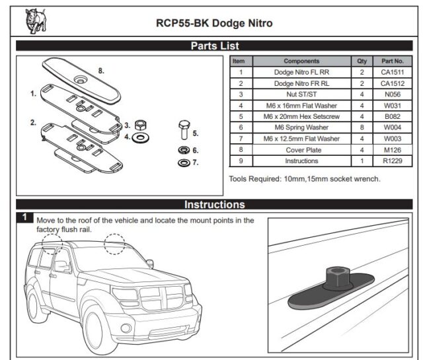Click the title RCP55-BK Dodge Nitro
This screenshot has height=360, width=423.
click(214, 23)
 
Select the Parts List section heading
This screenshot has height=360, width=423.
click(215, 46)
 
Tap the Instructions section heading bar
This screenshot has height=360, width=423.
click(215, 204)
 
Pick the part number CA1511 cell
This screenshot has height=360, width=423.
click(393, 73)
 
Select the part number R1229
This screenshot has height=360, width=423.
click(393, 161)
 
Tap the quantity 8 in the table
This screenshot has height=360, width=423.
click(362, 127)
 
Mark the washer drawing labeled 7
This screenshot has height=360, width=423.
click(184, 162)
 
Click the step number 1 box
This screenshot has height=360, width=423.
click(24, 217)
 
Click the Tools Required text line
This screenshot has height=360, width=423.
click(305, 179)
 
